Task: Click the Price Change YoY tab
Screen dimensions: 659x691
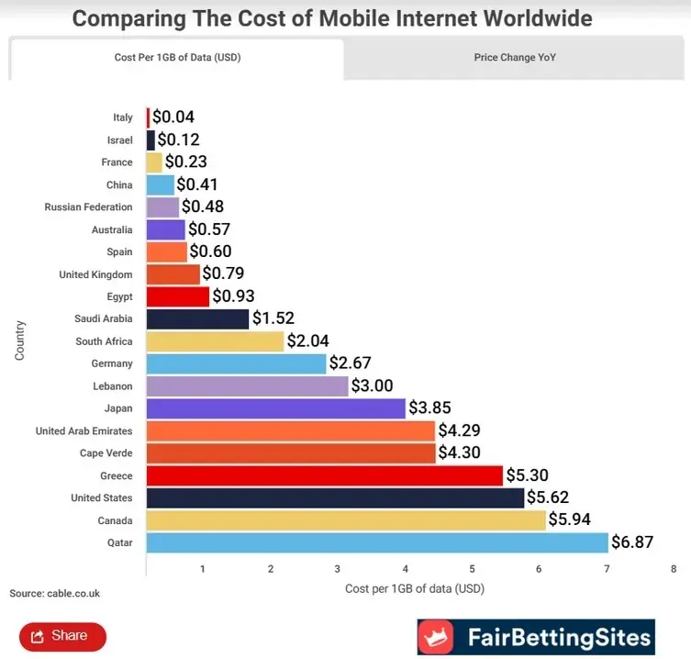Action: pos(515,58)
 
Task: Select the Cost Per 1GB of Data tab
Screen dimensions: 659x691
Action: pos(177,58)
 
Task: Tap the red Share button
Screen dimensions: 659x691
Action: pos(62,636)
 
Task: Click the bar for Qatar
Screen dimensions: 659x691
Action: pos(376,542)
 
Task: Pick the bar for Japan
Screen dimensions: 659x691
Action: pos(275,408)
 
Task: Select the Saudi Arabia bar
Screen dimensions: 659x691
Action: pos(197,318)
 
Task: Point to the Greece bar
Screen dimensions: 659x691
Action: pos(324,475)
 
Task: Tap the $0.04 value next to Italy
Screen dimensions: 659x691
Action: pos(173,117)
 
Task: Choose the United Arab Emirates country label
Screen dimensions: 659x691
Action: pos(84,430)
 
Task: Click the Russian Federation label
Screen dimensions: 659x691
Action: pos(88,207)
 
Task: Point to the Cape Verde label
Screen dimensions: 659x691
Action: pos(106,453)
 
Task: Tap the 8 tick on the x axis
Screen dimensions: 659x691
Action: pos(674,569)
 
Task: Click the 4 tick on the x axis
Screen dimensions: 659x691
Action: pos(405,569)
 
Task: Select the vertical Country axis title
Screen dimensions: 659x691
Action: pos(19,340)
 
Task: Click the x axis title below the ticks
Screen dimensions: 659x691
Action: pos(414,588)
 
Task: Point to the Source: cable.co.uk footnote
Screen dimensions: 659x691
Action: pos(55,594)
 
